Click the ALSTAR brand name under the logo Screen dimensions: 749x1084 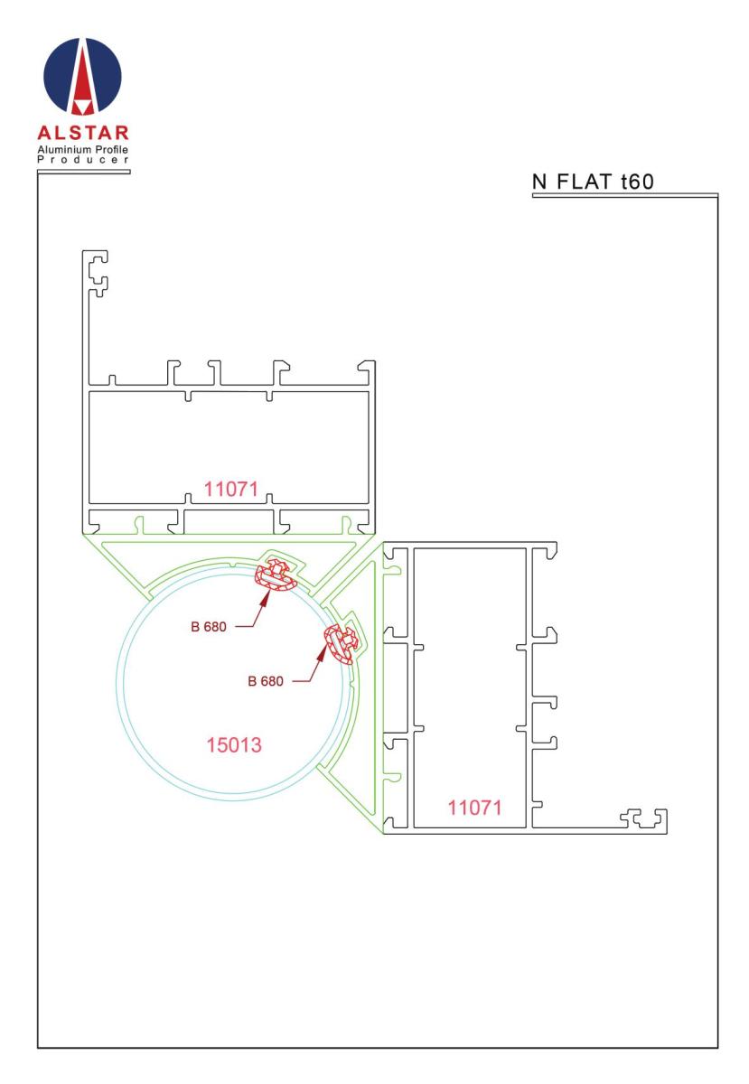pos(83,133)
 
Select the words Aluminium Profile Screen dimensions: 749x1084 pos(83,150)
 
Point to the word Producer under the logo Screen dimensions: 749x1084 pos(83,160)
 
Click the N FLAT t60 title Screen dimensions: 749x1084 pos(593,182)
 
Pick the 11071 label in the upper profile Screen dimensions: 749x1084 pos(230,490)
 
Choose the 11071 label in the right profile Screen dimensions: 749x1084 pos(474,808)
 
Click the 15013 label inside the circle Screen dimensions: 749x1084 pos(234,745)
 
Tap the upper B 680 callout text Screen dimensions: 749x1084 pos(208,627)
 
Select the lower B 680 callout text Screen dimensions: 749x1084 pos(265,681)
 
